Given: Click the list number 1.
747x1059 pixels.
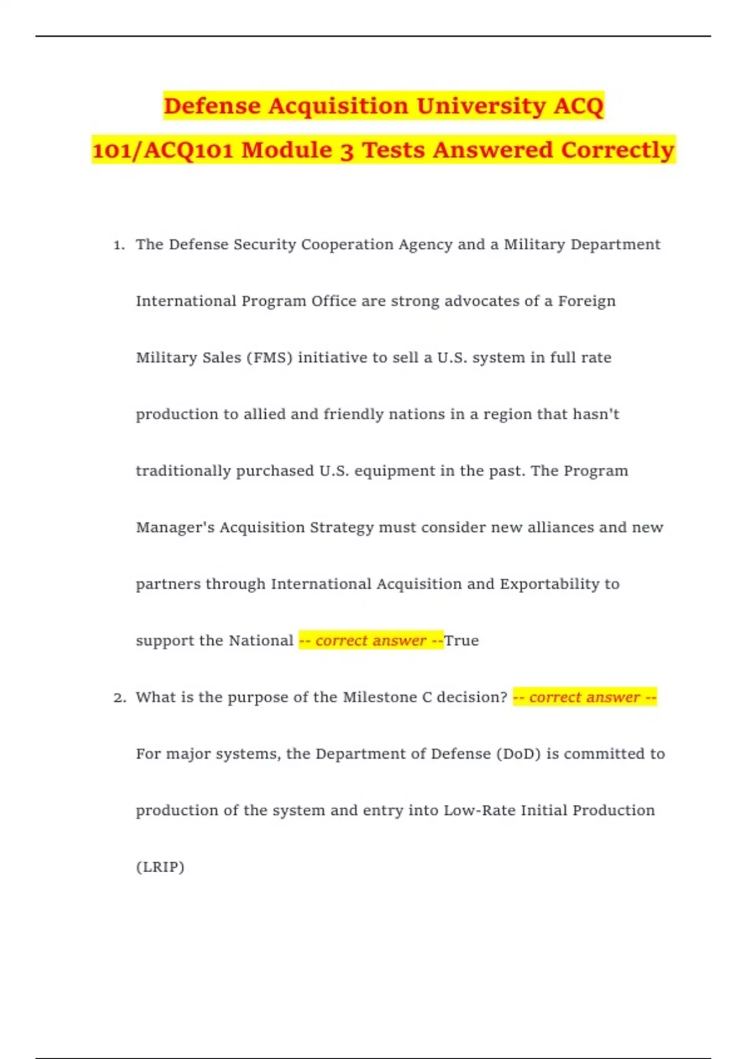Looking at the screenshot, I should coord(119,245).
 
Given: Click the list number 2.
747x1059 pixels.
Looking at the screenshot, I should coord(120,698).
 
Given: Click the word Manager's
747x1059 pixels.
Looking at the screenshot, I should coord(175,528).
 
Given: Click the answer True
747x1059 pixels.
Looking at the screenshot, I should coord(461,641).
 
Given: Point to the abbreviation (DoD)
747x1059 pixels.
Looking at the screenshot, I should coord(519,754).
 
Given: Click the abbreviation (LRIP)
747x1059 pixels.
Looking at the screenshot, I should coord(160,867).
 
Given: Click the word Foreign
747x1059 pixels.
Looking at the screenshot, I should coord(586,302).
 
